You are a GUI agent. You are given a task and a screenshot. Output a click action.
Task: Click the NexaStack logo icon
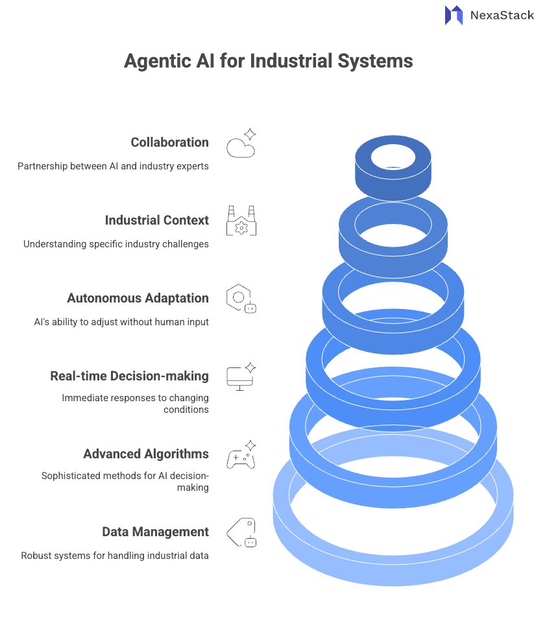[x=454, y=15]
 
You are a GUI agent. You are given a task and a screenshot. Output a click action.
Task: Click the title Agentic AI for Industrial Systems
[x=268, y=61]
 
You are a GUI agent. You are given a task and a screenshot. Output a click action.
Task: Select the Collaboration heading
[x=169, y=142]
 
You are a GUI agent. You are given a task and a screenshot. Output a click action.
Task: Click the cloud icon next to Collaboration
[x=240, y=145]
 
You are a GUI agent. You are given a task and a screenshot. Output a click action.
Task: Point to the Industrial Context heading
[x=156, y=220]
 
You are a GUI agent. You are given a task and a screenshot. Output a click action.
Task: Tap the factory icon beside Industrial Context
[x=241, y=221]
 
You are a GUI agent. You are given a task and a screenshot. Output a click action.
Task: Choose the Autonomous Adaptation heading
[x=138, y=298]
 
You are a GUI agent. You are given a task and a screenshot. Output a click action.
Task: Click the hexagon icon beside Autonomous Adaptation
[x=240, y=299]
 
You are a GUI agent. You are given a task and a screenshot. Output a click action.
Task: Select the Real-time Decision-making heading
[x=129, y=376]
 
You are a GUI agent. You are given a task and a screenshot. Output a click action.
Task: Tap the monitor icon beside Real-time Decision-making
[x=240, y=377]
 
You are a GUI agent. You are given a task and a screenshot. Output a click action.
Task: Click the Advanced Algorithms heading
[x=146, y=454]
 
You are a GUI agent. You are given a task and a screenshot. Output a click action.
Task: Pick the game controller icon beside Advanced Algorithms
[x=240, y=456]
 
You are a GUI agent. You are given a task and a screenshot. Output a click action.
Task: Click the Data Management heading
[x=155, y=532]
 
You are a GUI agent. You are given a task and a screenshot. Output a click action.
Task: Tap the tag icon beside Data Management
[x=241, y=533]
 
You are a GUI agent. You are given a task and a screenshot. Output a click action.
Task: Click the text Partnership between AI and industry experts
[x=113, y=166]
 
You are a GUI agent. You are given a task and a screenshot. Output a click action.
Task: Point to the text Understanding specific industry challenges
[x=116, y=244]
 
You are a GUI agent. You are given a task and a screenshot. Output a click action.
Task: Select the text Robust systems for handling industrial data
[x=115, y=556]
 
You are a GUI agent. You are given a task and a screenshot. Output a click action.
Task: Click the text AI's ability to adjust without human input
[x=121, y=322]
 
